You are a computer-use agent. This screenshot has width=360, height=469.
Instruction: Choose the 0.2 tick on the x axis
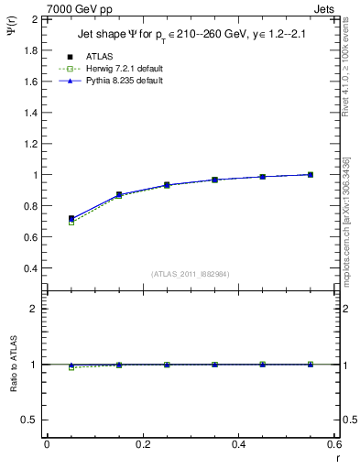tap(143, 445)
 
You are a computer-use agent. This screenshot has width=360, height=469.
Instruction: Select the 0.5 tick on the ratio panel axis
tap(32, 420)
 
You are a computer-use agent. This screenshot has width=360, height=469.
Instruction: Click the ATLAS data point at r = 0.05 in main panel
tap(71, 219)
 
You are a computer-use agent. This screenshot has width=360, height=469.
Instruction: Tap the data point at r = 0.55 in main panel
tap(310, 174)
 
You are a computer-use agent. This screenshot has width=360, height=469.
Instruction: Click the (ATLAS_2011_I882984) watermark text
tap(191, 274)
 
